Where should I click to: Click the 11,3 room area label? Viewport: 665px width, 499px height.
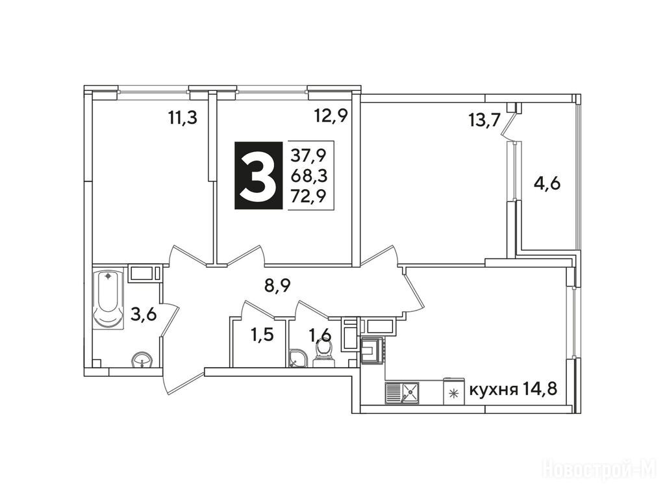tap(182, 118)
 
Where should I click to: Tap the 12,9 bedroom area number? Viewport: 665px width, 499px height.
tap(331, 116)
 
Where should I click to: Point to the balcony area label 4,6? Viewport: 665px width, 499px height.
tap(547, 184)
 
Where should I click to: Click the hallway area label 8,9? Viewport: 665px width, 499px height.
tap(277, 287)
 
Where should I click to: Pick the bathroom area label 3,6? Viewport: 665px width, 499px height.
tap(144, 315)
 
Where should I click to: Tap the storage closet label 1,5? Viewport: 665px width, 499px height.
tap(262, 336)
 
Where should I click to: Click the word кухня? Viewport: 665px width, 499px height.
tap(494, 389)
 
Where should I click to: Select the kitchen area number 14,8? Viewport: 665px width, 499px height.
tap(538, 389)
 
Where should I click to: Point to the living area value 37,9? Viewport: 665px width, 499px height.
tap(308, 156)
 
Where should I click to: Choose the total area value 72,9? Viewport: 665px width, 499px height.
tap(308, 196)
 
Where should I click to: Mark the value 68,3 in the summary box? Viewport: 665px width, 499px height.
tap(308, 175)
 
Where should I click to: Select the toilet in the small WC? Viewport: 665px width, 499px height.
tap(325, 354)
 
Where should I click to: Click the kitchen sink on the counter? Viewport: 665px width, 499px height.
tap(402, 392)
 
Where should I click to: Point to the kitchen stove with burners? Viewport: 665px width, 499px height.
tap(373, 350)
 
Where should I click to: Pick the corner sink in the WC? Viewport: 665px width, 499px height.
tap(298, 358)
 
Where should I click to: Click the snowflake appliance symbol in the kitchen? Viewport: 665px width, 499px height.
tap(454, 393)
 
